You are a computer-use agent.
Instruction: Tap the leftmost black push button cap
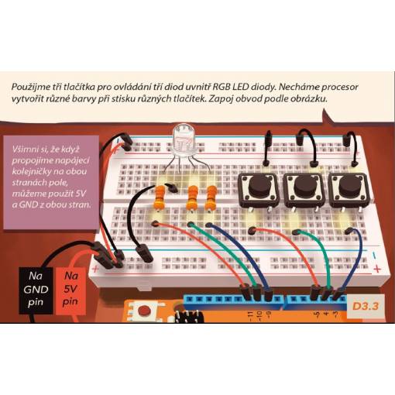pos(259,185)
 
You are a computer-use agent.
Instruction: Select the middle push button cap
pos(304,185)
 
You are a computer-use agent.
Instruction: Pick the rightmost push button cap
pos(349,185)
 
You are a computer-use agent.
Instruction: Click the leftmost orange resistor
pos(160,197)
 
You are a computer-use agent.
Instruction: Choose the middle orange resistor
pos(192,197)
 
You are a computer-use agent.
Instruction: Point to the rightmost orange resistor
pos(211,197)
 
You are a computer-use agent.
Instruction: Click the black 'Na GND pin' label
pos(36,290)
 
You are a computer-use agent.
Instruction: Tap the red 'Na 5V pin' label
pos(70,290)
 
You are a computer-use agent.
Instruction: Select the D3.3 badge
pos(365,306)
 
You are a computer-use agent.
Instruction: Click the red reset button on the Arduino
pos(143,310)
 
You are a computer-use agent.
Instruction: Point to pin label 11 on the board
pos(249,314)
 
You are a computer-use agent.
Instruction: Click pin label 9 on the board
pos(269,314)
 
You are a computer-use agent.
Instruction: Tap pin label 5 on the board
pos(316,314)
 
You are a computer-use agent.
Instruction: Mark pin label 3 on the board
pos(335,314)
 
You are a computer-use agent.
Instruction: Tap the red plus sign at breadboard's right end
pos(377,269)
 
